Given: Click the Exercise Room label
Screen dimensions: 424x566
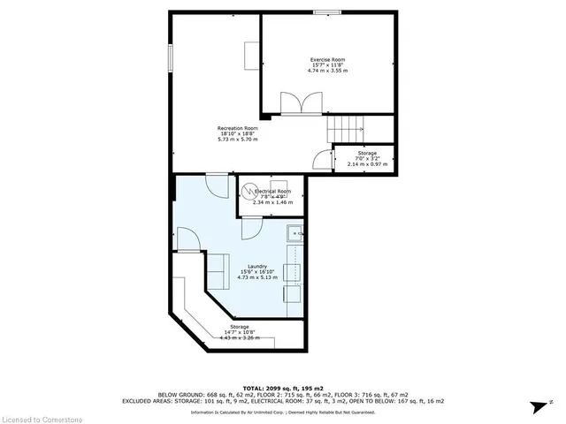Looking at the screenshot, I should pyautogui.click(x=327, y=59).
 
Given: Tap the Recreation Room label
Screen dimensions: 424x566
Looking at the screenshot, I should pyautogui.click(x=238, y=128).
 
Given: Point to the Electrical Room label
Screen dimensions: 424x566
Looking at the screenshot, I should pyautogui.click(x=273, y=191).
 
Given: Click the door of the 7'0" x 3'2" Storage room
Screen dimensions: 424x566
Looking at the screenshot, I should pyautogui.click(x=322, y=159).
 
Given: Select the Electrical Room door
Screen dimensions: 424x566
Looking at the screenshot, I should pyautogui.click(x=251, y=225).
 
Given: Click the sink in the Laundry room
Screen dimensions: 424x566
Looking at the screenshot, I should pyautogui.click(x=294, y=235).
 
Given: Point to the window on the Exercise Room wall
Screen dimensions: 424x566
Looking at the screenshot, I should pyautogui.click(x=327, y=11).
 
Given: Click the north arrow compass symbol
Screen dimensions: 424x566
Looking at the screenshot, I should pyautogui.click(x=535, y=405).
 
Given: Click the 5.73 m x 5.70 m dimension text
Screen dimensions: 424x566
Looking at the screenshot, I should pyautogui.click(x=238, y=140).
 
